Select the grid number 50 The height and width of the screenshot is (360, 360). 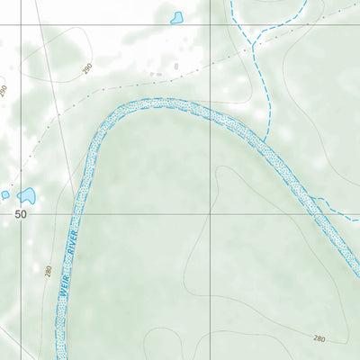21,215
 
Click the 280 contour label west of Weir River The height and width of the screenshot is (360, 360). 48,270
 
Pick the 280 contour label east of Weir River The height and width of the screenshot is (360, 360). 319,337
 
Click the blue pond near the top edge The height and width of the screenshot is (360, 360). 176,17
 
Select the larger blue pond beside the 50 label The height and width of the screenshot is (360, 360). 26,194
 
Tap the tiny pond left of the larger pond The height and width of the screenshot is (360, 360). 4,194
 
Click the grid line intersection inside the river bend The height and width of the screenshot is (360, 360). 210,214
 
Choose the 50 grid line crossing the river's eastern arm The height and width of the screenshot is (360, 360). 320,214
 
